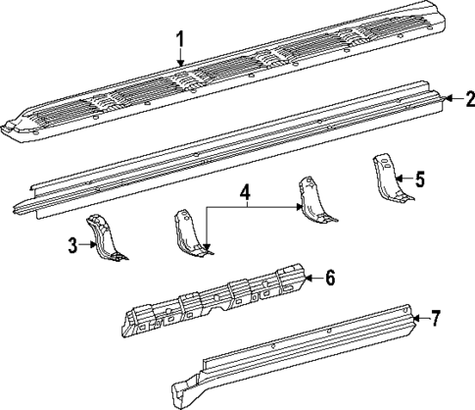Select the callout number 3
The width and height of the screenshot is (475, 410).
73,245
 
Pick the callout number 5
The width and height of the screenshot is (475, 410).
419,179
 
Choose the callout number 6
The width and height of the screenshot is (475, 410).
330,279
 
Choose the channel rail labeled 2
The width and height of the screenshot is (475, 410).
235,147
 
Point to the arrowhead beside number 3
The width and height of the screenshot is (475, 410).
92,246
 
